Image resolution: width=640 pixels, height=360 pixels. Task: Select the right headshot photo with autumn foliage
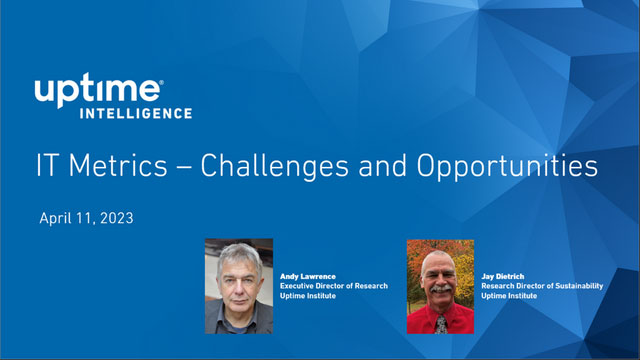point(440,286)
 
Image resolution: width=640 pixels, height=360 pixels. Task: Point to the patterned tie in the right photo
point(440,323)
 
